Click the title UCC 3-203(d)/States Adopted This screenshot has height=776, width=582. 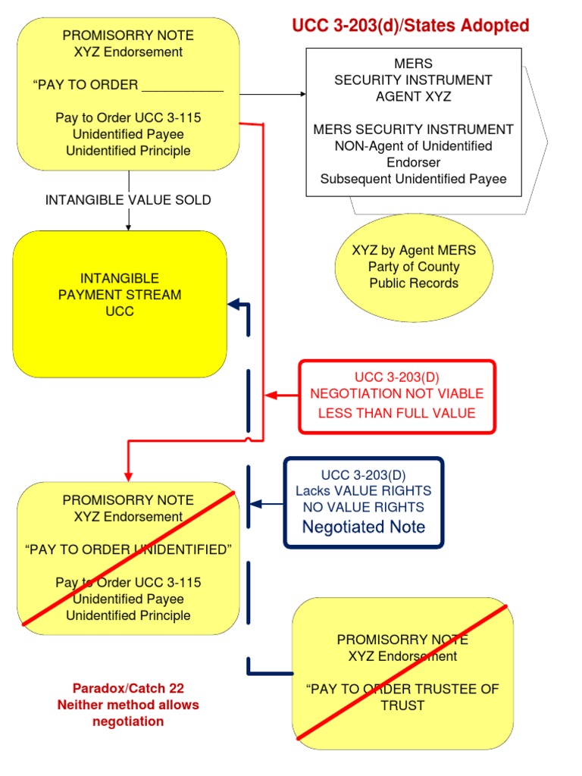tap(411, 26)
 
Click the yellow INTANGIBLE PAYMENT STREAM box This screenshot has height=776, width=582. tap(120, 303)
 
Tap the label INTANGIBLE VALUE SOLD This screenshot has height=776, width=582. tap(128, 200)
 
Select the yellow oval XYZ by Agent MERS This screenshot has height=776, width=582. tap(414, 267)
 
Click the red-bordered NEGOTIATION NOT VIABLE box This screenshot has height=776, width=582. tap(397, 396)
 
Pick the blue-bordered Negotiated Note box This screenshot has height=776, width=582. tap(363, 502)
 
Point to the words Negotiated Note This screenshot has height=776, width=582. tap(364, 527)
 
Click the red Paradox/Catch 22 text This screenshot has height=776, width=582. tap(128, 689)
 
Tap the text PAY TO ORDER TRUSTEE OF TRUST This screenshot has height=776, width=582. tap(402, 697)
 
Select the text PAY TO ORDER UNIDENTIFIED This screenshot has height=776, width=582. tap(128, 549)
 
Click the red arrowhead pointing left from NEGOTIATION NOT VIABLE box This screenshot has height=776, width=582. tap(270, 396)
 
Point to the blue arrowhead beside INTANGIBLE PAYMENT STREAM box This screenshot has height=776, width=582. tap(233, 305)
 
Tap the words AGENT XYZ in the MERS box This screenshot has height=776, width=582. tap(413, 96)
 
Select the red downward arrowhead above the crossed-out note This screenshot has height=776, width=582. tap(128, 475)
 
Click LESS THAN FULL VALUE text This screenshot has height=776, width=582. tap(396, 413)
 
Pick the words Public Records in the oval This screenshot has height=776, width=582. tap(414, 283)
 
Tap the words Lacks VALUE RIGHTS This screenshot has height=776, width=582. tap(364, 491)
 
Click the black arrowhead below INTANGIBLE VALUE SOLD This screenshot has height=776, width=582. tap(129, 226)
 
